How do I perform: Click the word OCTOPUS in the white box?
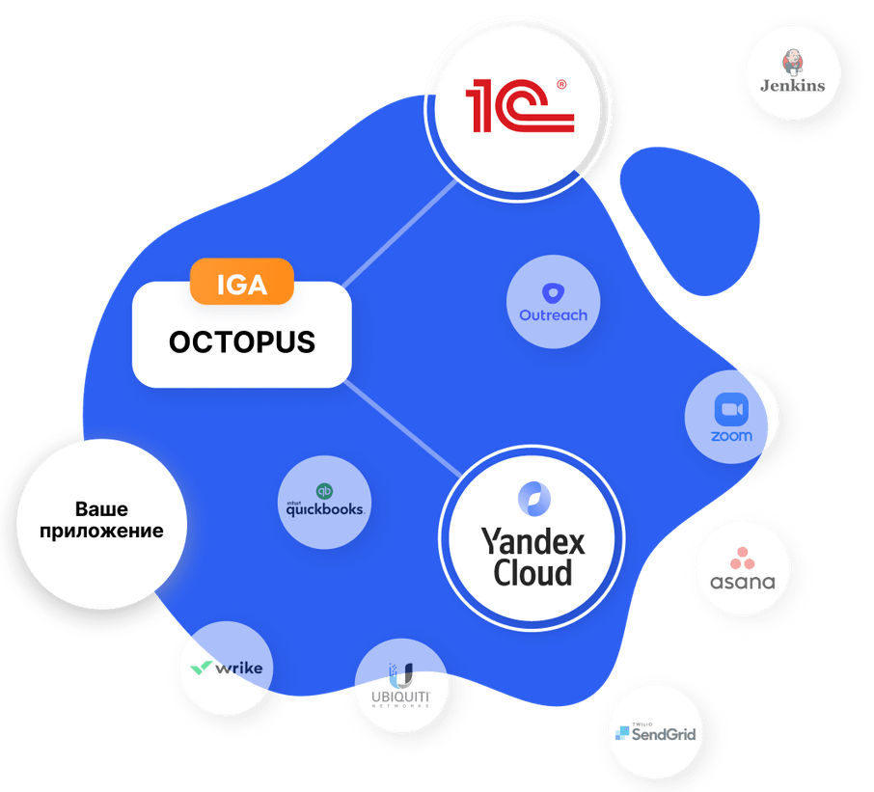click(x=241, y=342)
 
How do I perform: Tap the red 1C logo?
click(x=520, y=106)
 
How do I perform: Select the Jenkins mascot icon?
click(x=793, y=63)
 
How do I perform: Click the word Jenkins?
click(x=793, y=85)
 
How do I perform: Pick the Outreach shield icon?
click(x=553, y=294)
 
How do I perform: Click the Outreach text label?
click(x=553, y=315)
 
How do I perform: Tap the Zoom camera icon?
click(x=731, y=410)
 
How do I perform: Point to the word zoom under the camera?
click(x=731, y=436)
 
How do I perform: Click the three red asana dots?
click(x=742, y=558)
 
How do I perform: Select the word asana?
click(x=742, y=582)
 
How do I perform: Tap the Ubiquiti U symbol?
click(x=400, y=674)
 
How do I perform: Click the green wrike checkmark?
click(x=202, y=667)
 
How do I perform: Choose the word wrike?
click(x=237, y=667)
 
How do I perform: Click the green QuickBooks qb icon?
click(x=324, y=490)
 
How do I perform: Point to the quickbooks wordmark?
click(x=324, y=509)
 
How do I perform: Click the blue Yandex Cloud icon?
click(x=533, y=500)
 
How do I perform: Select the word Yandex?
click(x=533, y=541)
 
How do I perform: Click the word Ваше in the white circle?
click(x=102, y=509)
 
